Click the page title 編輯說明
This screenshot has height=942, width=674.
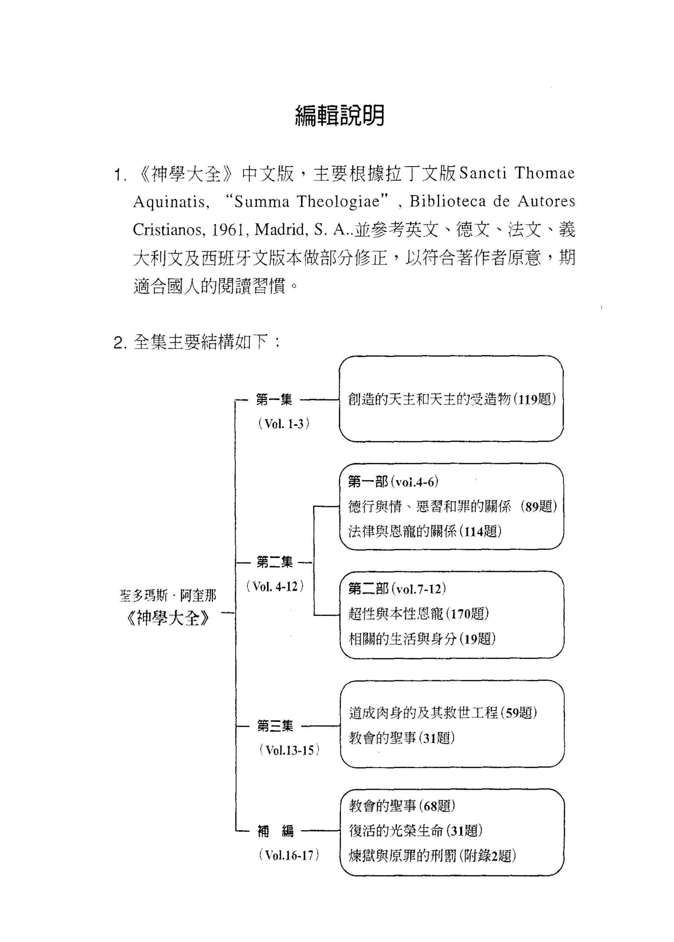[340, 116]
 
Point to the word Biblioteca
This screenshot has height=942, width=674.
[447, 202]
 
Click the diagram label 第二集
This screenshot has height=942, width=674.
[275, 562]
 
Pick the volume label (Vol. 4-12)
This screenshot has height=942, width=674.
[275, 587]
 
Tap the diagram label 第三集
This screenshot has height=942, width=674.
[275, 726]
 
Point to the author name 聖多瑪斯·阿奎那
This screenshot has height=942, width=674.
[168, 596]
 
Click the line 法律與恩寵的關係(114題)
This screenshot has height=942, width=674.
[425, 531]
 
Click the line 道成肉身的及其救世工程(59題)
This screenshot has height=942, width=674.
[443, 713]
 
